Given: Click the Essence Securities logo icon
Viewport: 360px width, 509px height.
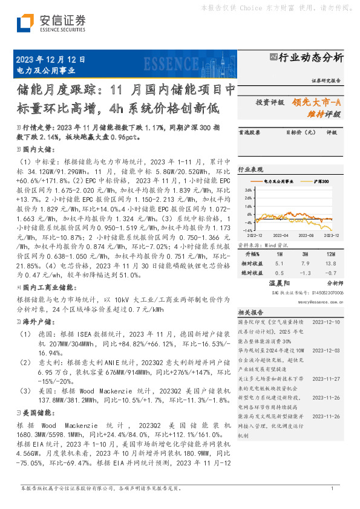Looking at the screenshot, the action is (x=25, y=23).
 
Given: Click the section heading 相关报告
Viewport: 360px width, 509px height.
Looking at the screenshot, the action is (x=249, y=313).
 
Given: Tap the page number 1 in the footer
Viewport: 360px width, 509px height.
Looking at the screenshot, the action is (x=332, y=488).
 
